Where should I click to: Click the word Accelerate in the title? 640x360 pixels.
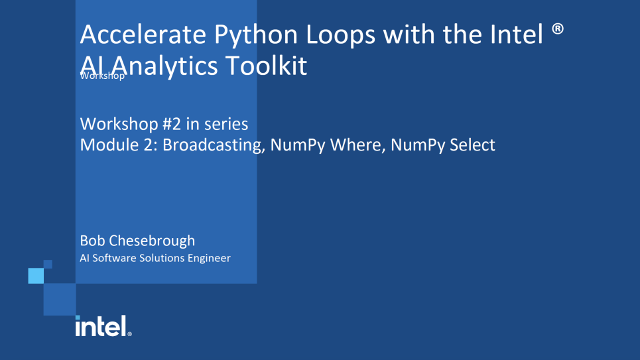click(143, 34)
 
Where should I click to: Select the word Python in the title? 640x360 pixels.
click(256, 36)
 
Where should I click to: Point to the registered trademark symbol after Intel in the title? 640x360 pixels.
click(558, 29)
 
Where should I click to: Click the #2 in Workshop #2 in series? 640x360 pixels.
click(172, 124)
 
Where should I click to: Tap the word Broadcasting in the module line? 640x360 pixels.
click(212, 146)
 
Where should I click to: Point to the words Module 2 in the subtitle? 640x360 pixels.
click(116, 145)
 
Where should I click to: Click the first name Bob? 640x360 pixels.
click(93, 241)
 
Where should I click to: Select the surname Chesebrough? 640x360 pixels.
click(152, 241)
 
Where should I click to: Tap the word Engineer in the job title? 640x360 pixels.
click(209, 259)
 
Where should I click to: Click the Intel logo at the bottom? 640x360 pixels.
click(103, 326)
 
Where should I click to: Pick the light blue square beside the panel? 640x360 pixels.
click(36, 276)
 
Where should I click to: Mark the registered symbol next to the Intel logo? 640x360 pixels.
click(129, 334)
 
